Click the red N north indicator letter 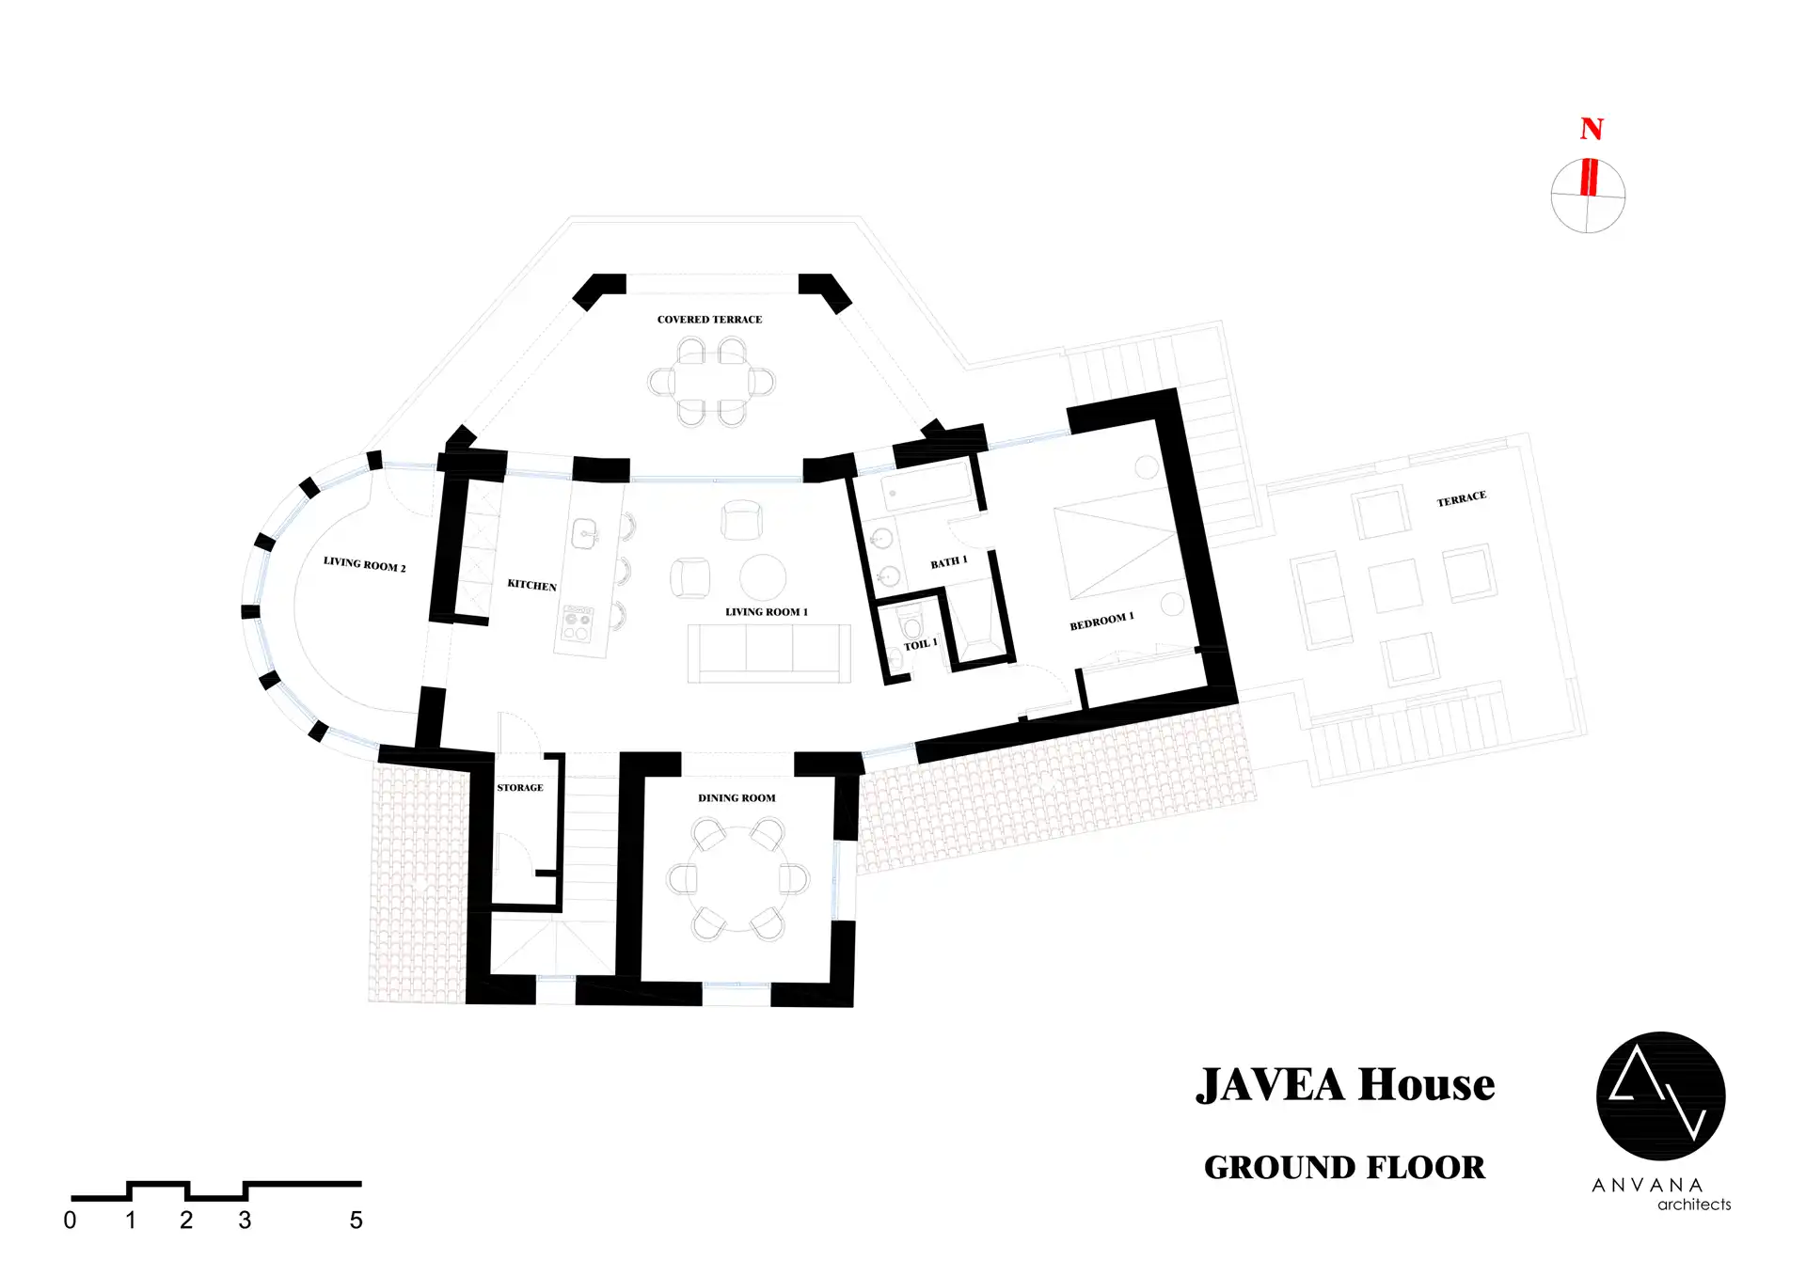[x=1592, y=128]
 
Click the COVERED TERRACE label [x=709, y=320]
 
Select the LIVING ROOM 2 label [x=365, y=564]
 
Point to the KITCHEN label [x=532, y=585]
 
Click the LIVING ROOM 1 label [x=767, y=612]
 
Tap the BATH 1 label [x=949, y=562]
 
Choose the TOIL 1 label [x=921, y=644]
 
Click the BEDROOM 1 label [x=1101, y=622]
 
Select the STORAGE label [x=520, y=788]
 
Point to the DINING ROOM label [x=737, y=798]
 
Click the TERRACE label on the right [x=1462, y=498]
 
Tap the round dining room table [x=738, y=879]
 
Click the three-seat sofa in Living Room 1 [x=769, y=654]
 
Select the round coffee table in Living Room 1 [x=763, y=577]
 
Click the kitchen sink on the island [x=585, y=534]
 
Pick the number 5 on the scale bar [x=356, y=1221]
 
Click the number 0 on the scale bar [x=70, y=1221]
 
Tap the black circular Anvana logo [x=1661, y=1096]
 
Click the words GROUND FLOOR [x=1345, y=1168]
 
